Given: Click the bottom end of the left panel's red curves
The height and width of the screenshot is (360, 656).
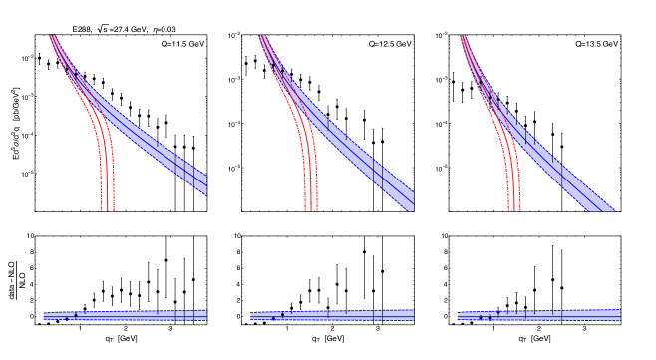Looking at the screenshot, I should pos(108,207).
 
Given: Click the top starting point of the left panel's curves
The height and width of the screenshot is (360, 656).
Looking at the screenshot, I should pos(51,37).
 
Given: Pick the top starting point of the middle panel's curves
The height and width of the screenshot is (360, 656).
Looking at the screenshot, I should pos(261,37).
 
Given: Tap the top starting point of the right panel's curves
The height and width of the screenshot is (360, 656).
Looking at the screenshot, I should pos(463,37).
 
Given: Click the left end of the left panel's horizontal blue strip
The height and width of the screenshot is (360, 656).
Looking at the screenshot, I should pos(45,316).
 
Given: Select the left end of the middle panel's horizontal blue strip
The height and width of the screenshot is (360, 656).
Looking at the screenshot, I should pos(252,316).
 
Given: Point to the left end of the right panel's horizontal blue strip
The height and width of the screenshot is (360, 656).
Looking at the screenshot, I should pos(459,316).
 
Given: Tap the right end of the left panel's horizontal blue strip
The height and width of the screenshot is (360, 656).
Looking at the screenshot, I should pos(205,315).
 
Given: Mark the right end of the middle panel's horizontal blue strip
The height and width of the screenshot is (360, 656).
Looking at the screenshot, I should pos(413,315).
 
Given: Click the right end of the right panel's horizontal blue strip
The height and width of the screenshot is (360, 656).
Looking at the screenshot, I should pos(619,315).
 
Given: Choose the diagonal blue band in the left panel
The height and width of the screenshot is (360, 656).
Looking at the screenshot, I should pos(150,140).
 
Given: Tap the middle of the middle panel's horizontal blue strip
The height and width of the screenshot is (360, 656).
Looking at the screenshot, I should pos(332,315).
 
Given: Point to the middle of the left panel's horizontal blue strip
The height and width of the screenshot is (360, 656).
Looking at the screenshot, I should pos(125,315).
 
